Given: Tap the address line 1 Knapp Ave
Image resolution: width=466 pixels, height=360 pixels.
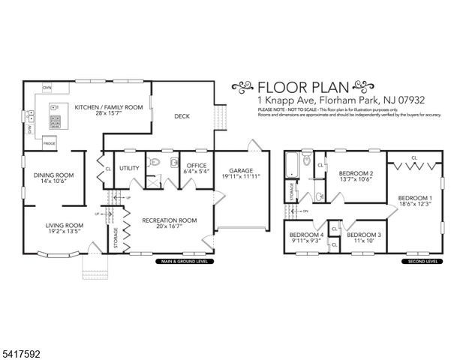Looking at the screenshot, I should [x=320, y=100].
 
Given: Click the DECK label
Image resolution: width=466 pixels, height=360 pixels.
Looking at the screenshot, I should [x=182, y=116].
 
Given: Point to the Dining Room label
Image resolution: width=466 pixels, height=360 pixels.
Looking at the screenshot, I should [x=53, y=178].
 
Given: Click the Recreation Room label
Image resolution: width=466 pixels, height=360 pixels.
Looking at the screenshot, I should [x=170, y=224].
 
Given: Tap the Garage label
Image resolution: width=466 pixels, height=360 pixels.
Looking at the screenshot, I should [x=244, y=174].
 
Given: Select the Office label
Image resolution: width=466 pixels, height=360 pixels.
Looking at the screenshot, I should [x=197, y=169].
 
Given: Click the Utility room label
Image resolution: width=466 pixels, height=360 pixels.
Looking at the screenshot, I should [x=129, y=168].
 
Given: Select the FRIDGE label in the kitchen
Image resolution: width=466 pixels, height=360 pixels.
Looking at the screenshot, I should [x=49, y=142].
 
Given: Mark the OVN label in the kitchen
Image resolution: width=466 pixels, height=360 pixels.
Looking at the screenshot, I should [x=47, y=87].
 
